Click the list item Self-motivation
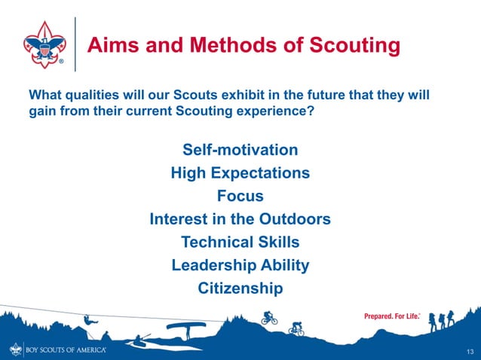[x=240, y=150]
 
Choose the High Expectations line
[x=240, y=173]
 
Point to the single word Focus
[x=240, y=197]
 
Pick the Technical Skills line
[x=240, y=243]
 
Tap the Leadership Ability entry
[x=240, y=266]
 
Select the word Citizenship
[x=240, y=288]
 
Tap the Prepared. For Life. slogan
[x=391, y=316]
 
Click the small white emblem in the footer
[x=16, y=350]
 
